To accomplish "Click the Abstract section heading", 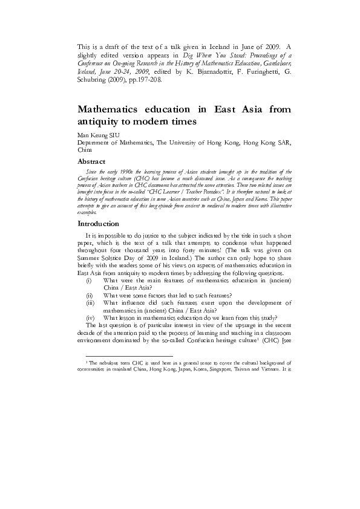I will [92, 161].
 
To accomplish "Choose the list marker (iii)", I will [90, 300].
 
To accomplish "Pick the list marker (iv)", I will [90, 317].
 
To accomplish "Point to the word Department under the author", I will [100, 142].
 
